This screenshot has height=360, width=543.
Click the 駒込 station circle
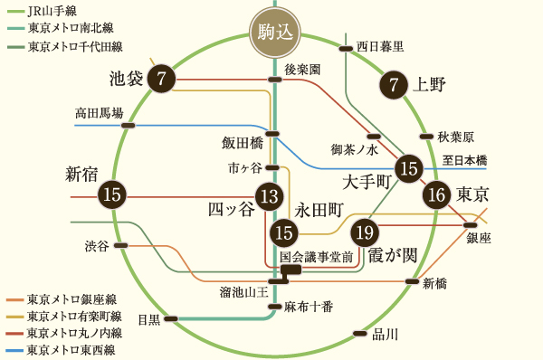click(272, 35)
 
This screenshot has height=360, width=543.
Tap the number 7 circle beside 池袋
click(161, 78)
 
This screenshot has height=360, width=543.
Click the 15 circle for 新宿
click(112, 194)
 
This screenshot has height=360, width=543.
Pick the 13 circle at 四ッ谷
click(269, 194)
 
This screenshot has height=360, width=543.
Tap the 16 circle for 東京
click(436, 194)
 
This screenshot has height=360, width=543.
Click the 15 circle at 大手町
click(411, 167)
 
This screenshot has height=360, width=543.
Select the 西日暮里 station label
click(380, 45)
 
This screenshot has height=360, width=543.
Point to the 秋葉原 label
click(455, 137)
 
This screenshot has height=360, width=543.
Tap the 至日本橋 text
click(464, 160)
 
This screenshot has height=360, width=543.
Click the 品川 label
click(385, 334)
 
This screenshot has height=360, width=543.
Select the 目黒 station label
click(148, 318)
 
